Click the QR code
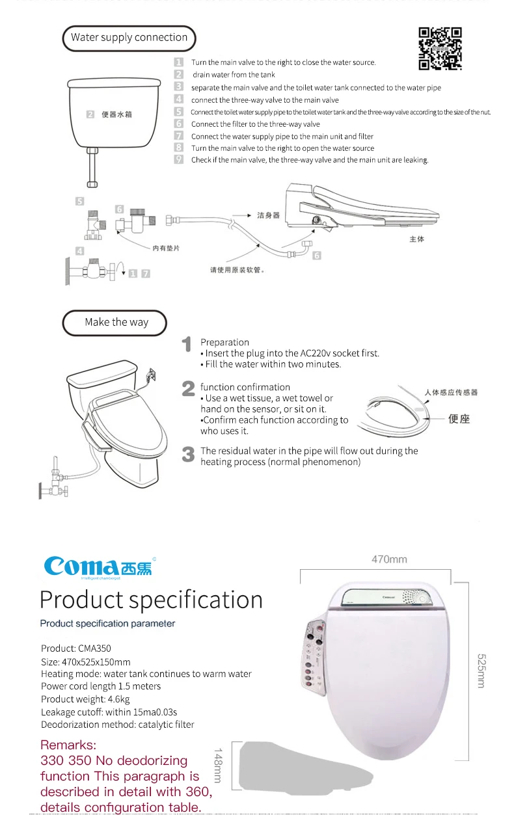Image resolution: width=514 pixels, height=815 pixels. (440, 48)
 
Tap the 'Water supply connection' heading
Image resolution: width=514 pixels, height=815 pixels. (129, 38)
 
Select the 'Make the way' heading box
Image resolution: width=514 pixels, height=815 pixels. (116, 322)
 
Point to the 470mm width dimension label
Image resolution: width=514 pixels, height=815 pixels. (389, 559)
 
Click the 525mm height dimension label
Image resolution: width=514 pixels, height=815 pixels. (481, 671)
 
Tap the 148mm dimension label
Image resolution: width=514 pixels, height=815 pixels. (218, 765)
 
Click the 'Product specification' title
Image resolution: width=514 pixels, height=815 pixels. (151, 600)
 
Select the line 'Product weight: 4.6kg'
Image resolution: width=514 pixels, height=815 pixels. (85, 699)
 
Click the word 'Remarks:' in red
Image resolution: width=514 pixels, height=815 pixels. (68, 745)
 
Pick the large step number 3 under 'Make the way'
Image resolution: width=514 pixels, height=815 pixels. (188, 455)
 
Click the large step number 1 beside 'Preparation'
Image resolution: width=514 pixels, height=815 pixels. (187, 345)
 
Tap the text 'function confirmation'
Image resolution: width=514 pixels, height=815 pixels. (245, 387)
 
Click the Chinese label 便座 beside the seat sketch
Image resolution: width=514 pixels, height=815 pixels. (459, 419)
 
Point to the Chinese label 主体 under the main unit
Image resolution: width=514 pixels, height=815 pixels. (416, 239)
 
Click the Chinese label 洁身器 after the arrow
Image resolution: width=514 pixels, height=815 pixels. (268, 215)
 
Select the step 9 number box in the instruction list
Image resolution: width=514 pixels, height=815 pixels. (179, 159)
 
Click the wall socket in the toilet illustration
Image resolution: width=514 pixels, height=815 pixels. (152, 375)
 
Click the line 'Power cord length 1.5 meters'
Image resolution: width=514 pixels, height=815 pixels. (101, 686)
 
